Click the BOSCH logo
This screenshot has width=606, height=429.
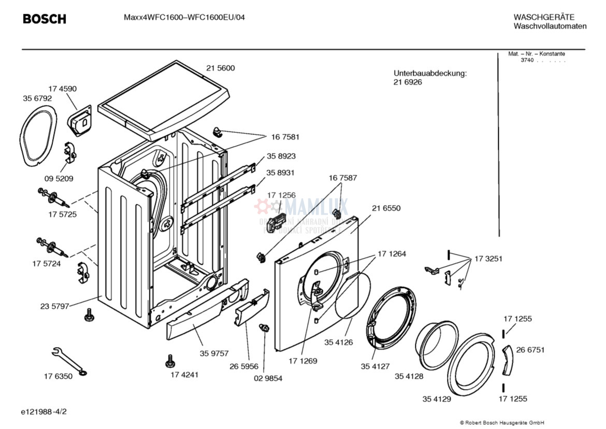[x=45, y=19]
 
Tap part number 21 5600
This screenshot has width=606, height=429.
[x=220, y=68]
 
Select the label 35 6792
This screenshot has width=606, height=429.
[x=37, y=98]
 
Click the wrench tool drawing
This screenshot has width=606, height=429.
[x=68, y=361]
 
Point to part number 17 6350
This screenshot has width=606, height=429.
[x=58, y=377]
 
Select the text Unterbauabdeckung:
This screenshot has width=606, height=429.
[x=430, y=73]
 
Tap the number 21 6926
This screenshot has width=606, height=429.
[x=408, y=82]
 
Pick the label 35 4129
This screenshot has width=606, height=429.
[x=436, y=399]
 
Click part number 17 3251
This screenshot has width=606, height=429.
[x=488, y=259]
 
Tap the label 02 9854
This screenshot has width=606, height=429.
[x=268, y=378]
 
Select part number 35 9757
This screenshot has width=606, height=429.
[x=214, y=353]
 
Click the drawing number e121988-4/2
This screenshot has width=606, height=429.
[x=44, y=412]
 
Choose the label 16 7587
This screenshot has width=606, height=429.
[x=342, y=178]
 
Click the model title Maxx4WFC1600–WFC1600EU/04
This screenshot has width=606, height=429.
[x=184, y=17]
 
